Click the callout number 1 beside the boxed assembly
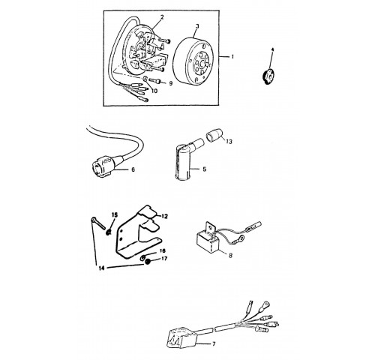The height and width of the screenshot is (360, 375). pos(232,57)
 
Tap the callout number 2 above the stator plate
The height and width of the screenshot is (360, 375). pos(162,17)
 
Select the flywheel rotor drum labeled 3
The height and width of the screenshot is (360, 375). pos(193,61)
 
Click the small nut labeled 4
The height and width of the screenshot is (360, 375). pos(268,76)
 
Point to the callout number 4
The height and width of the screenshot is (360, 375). pos(272,49)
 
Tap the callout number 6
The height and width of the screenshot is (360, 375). pos(133,169)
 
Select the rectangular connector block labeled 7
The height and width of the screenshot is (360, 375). pos(183,337)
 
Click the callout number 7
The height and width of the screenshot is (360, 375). pos(214,344)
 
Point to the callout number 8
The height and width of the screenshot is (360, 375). pos(230,256)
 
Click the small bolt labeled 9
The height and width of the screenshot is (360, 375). pos(154,80)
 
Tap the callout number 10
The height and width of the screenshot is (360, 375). pos(154,91)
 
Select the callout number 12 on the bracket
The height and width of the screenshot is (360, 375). pos(164,216)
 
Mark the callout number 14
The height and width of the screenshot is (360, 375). pos(101,268)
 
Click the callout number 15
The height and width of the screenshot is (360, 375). pos(115,214)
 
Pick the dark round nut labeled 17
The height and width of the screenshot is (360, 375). pos(147,262)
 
